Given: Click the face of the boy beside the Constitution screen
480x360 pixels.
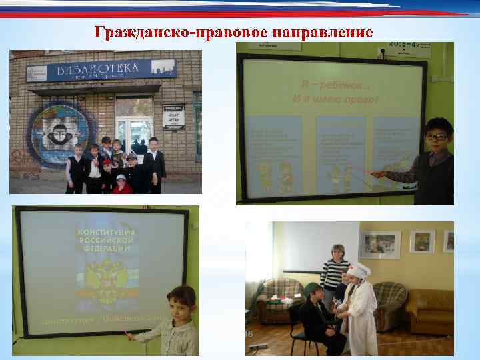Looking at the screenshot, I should point(179,306).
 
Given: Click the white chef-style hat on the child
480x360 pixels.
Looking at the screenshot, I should point(360,269).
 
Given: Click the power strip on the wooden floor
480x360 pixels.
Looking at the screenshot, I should point(260,346).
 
